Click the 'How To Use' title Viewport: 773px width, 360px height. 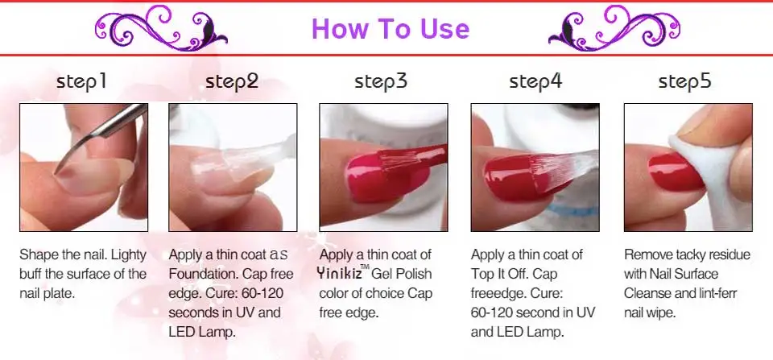pyautogui.click(x=391, y=28)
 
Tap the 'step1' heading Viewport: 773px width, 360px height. pyautogui.click(x=81, y=81)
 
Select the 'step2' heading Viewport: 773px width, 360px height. pyautogui.click(x=232, y=81)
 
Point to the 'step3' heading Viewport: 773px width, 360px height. pyautogui.click(x=381, y=81)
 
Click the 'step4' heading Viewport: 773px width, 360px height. pyautogui.click(x=535, y=81)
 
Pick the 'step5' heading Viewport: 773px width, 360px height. pyautogui.click(x=684, y=81)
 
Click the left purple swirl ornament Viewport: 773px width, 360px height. pyautogui.click(x=161, y=28)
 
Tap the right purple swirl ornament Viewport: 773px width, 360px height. pyautogui.click(x=614, y=28)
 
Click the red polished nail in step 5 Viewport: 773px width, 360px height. pyautogui.click(x=676, y=172)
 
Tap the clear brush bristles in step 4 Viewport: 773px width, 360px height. pyautogui.click(x=562, y=170)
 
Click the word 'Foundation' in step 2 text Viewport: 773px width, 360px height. pyautogui.click(x=205, y=274)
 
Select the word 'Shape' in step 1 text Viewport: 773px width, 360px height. pyautogui.click(x=39, y=255)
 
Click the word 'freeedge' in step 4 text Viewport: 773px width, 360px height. pyautogui.click(x=498, y=293)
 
